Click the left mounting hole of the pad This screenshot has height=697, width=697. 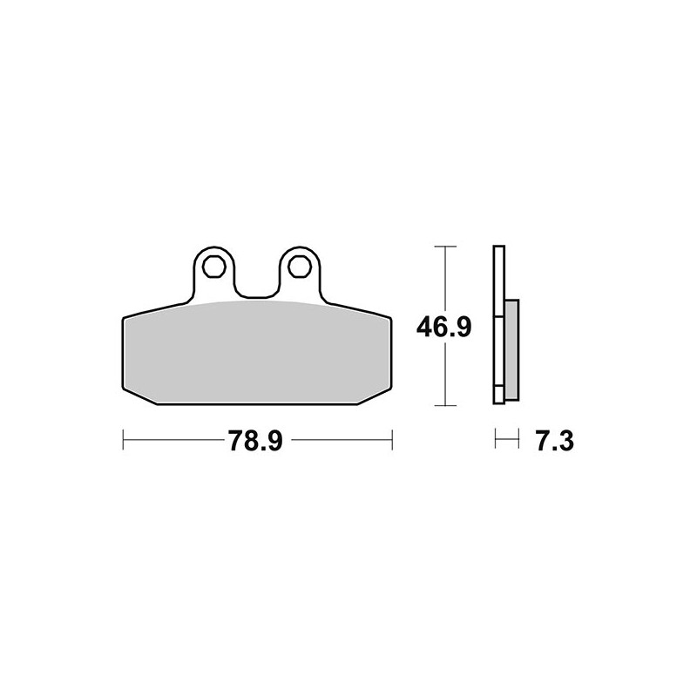214,261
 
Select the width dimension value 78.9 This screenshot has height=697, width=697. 255,442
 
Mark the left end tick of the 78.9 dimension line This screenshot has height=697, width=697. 124,441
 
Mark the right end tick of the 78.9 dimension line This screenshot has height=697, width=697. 393,441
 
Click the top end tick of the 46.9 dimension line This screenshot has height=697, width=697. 445,247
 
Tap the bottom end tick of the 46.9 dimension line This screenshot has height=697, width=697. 445,405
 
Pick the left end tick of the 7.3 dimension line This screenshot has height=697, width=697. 495,441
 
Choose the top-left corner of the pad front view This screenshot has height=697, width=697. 122,317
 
